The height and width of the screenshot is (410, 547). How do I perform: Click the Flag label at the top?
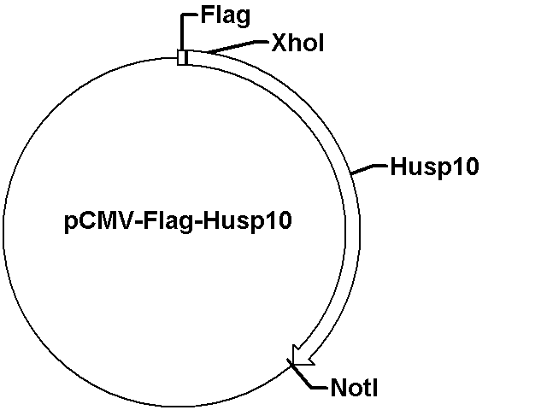226,16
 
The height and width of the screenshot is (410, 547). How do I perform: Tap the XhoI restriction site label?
297,43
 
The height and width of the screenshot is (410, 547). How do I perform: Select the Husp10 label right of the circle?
434,167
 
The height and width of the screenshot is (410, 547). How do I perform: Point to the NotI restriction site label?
354,388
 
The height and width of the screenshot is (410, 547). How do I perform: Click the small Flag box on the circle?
182,57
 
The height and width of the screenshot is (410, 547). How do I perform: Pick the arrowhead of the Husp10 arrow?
302,356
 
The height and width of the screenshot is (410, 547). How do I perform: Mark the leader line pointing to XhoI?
238,47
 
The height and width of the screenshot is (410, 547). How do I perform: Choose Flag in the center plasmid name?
168,222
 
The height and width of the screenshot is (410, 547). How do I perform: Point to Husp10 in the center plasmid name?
247,221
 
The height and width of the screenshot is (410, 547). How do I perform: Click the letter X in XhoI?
279,43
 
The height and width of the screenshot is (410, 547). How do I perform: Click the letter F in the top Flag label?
207,15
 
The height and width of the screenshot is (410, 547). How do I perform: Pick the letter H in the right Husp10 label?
398,167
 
